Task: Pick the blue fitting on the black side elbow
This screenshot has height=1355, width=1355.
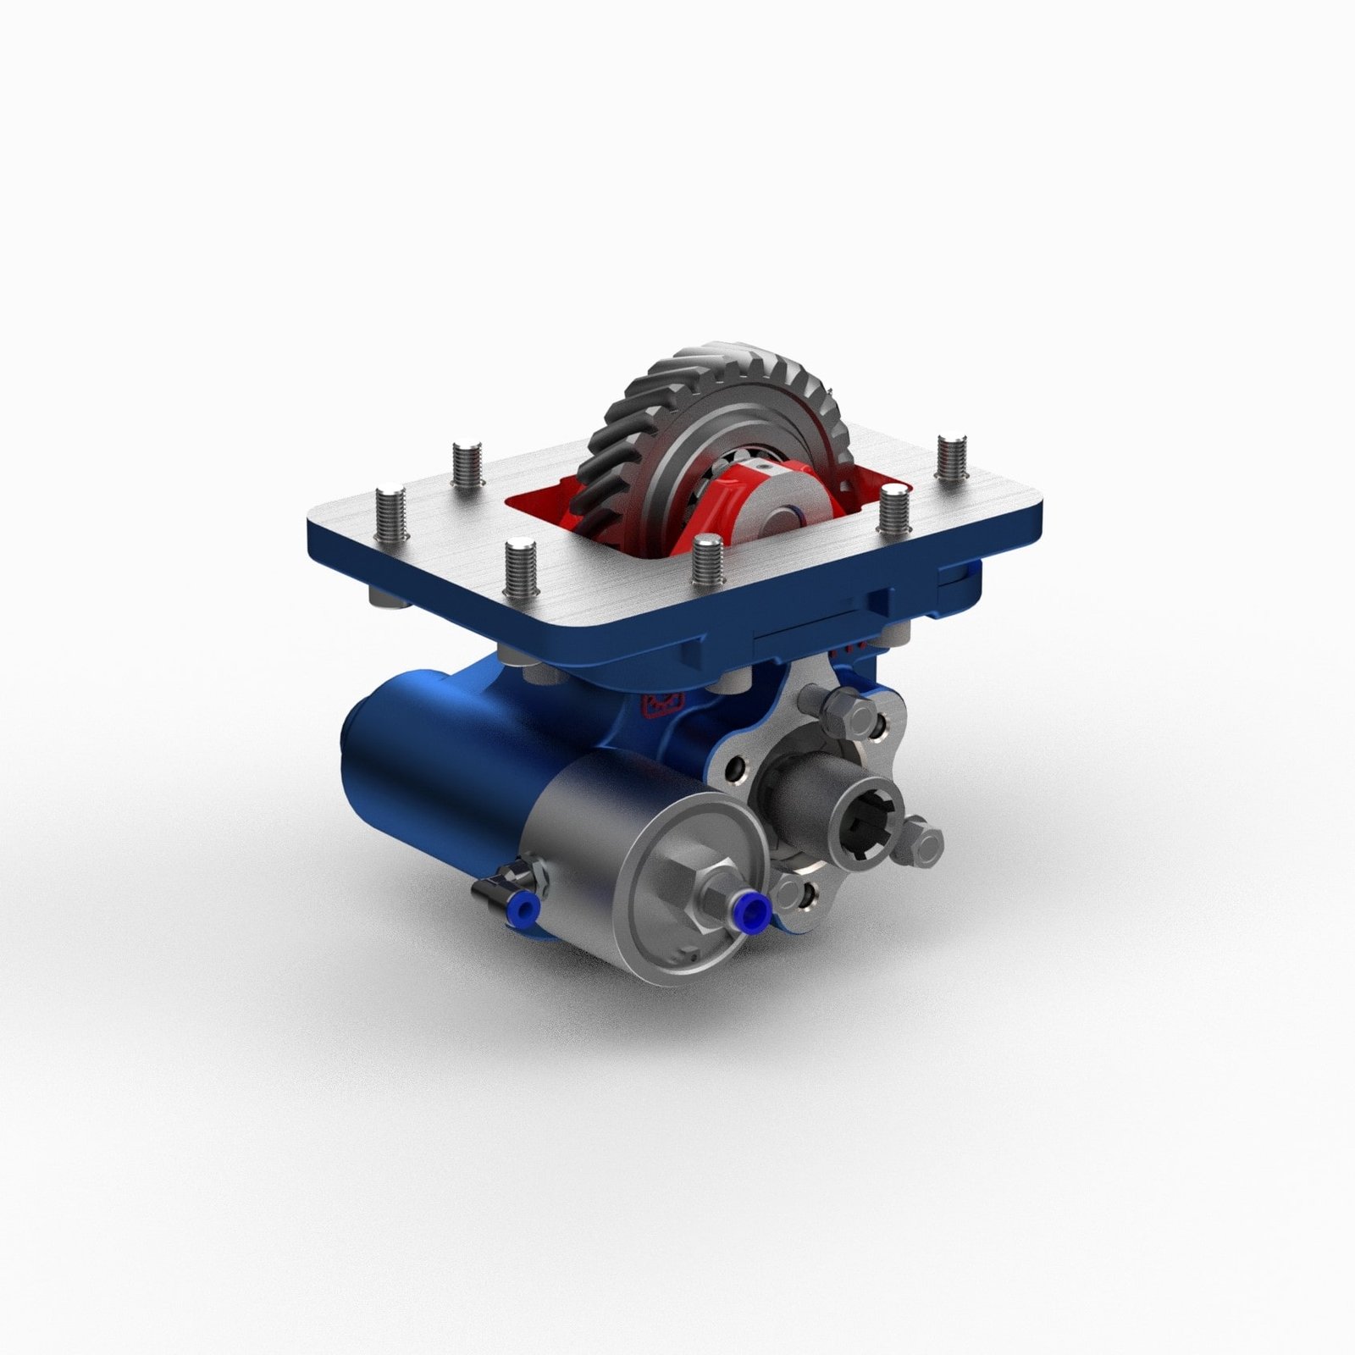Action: pos(523,909)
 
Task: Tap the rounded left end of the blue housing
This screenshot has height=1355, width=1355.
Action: pos(356,754)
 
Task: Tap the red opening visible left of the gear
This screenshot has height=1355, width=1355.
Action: pos(542,508)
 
